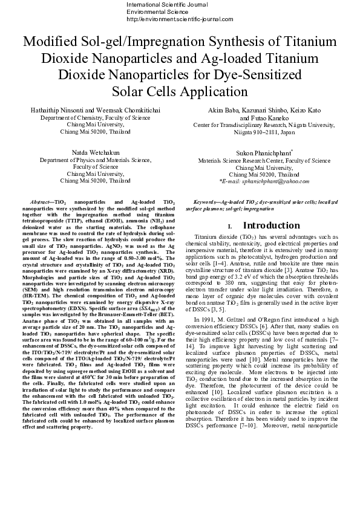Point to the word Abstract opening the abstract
(41, 200)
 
